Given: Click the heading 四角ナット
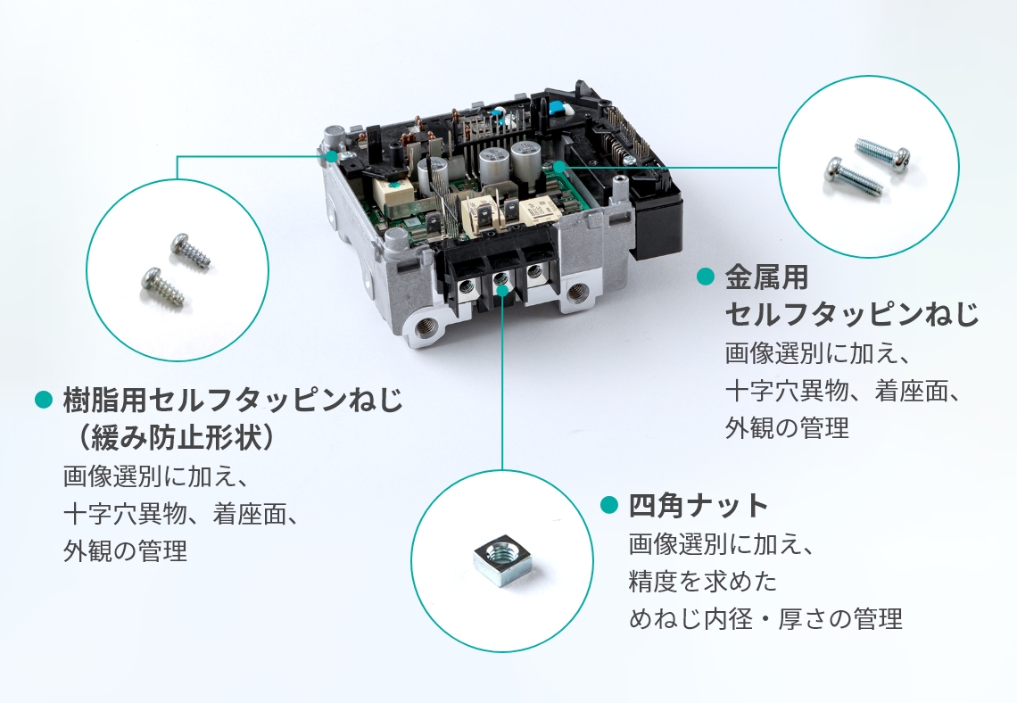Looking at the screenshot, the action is pos(699,505).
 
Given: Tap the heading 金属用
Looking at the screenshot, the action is pos(766,277).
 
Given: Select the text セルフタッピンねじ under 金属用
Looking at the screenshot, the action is pos(852,315).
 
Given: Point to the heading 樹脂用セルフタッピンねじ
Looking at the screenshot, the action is pos(233,401).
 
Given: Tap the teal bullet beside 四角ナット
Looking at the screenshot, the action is pos(609,505).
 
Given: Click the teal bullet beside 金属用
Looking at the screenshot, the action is pos(705,277).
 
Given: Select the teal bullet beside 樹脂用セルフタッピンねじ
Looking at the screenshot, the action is pos(43,400).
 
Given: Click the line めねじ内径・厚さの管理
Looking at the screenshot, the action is pos(765,618).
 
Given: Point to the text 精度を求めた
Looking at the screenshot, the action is pos(702,581).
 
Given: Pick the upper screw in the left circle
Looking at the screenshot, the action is pos(191,251).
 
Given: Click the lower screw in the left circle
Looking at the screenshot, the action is pos(162,286).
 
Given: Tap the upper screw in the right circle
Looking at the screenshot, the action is pos(882,155).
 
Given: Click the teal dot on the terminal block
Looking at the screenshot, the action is pos(502,290).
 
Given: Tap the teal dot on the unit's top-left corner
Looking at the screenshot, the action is pos(332,156).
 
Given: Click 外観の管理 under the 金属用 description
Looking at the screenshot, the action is pos(787,428).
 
